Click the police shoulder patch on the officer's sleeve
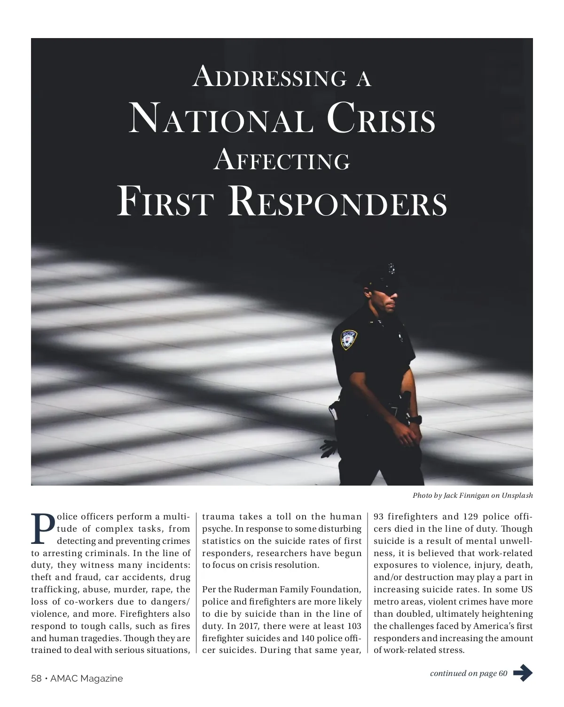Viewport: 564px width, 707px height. (x=348, y=339)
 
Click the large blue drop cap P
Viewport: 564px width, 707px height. (x=43, y=529)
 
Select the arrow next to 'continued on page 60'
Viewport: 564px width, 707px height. (x=523, y=673)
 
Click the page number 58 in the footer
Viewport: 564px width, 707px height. (x=36, y=678)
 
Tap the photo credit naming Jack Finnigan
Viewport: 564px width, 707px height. (x=472, y=495)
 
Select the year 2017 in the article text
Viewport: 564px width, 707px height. (x=250, y=626)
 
